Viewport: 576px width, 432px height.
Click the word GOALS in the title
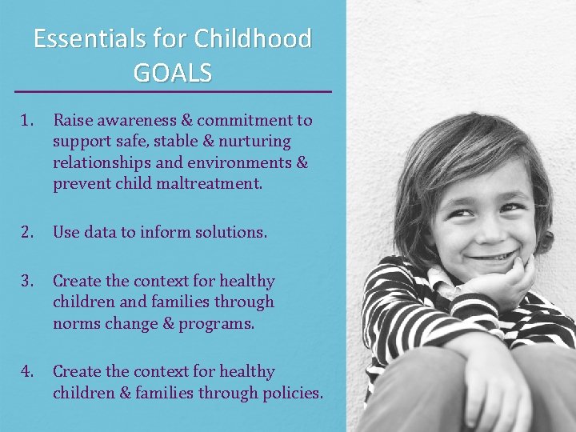(173, 73)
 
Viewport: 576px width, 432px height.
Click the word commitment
(252, 120)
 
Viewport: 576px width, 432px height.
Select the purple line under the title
(173, 92)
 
